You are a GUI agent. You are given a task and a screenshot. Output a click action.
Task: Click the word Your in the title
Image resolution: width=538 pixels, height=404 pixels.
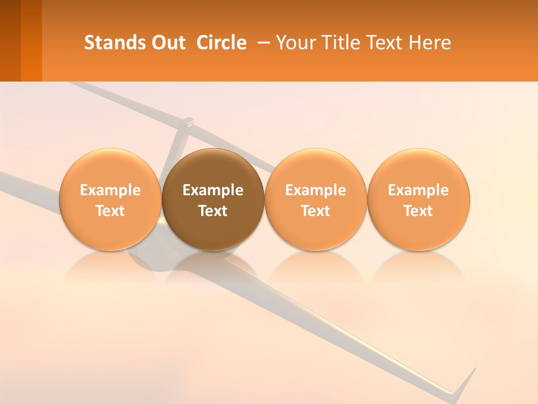pyautogui.click(x=295, y=43)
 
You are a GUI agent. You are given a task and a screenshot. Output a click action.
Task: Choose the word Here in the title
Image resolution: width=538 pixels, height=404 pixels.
pyautogui.click(x=430, y=43)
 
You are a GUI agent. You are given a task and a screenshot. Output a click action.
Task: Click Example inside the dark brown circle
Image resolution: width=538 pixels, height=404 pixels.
pyautogui.click(x=213, y=190)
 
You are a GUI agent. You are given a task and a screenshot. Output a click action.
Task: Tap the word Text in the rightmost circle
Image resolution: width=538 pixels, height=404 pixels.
pyautogui.click(x=418, y=211)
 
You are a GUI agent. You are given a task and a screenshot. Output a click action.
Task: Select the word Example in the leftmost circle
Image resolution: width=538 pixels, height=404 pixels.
pyautogui.click(x=110, y=190)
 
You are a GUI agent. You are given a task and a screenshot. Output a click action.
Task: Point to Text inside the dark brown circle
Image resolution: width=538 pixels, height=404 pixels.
pyautogui.click(x=213, y=211)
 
